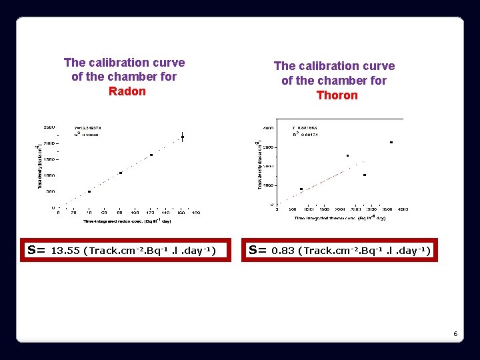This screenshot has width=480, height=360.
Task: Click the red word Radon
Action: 127,91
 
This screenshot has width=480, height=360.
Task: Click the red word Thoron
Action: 337,95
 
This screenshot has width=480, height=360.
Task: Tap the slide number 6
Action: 455,333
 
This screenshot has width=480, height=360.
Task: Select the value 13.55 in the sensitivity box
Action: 65,251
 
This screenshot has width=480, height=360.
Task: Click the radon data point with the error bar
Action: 183,137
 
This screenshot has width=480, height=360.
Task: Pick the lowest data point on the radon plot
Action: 89,191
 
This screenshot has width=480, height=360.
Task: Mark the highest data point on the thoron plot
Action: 391,142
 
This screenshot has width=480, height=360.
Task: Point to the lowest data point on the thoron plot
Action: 301,189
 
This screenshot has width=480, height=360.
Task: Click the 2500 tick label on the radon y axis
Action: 49,127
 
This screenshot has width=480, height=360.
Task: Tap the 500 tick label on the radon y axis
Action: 51,191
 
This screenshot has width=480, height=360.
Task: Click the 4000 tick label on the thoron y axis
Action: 267,127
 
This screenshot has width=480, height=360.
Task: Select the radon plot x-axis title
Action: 127,221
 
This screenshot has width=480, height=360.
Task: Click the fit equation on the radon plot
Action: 88,127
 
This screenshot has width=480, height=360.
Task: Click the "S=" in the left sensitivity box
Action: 36,251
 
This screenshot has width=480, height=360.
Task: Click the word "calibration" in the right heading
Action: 334,66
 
